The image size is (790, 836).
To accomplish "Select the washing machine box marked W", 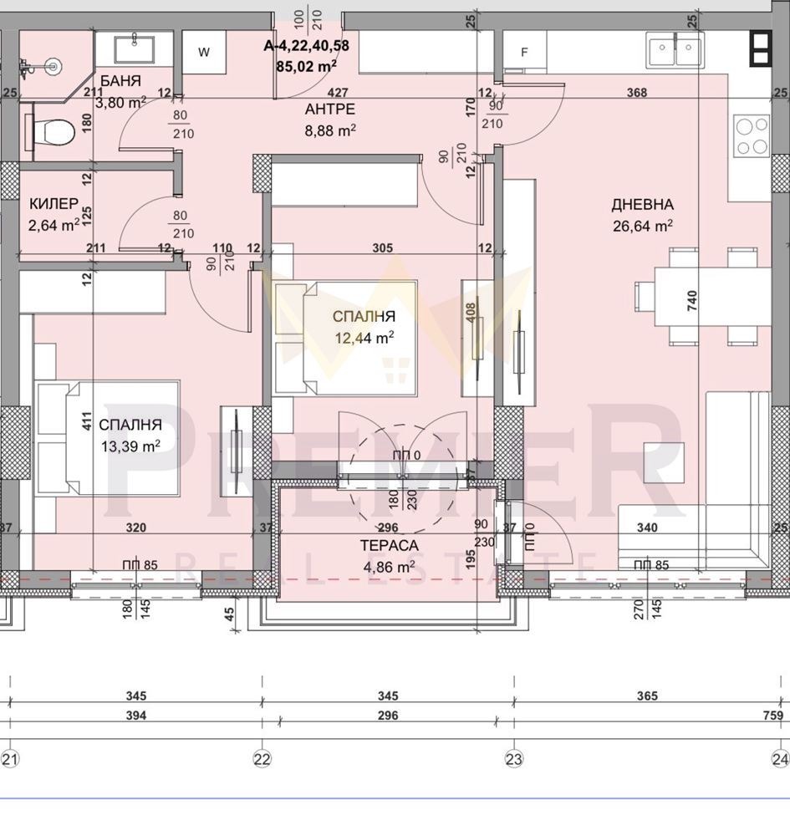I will click(x=203, y=52).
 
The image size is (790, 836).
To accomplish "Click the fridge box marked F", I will click(x=524, y=52).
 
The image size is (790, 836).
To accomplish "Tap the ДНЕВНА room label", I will click(x=642, y=205).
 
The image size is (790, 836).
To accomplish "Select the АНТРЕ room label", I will click(x=329, y=110).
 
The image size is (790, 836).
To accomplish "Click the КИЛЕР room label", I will click(x=54, y=204).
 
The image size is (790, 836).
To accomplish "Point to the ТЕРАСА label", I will click(x=390, y=545).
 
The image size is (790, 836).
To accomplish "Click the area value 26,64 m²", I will click(x=642, y=226).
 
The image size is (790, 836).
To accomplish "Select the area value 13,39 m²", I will click(x=130, y=446).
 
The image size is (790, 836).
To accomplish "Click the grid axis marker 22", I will click(x=262, y=759).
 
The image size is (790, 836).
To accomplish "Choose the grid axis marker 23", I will click(x=513, y=759).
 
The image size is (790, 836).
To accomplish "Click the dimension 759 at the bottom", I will click(x=772, y=716).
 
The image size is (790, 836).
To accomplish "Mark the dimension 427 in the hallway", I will click(x=338, y=93).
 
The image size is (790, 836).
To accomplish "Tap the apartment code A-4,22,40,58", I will click(x=306, y=46).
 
